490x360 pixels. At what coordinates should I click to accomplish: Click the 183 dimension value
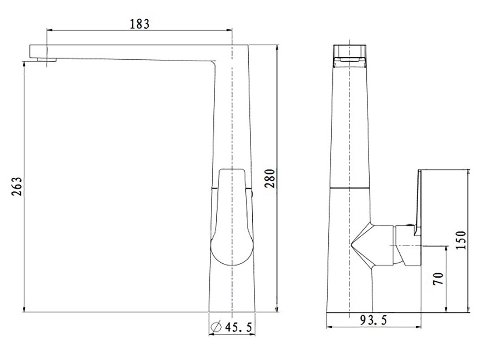(x=140, y=24)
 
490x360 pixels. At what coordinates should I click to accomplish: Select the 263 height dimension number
(x=17, y=186)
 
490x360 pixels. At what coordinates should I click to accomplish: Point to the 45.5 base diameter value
(x=238, y=327)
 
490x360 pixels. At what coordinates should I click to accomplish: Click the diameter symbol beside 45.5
(x=216, y=327)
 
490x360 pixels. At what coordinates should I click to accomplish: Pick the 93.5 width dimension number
(x=374, y=319)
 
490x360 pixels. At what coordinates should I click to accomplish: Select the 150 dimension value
(x=461, y=240)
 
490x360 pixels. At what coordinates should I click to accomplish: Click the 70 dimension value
(x=438, y=279)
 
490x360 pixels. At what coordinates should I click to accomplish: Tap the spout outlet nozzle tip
(x=47, y=60)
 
